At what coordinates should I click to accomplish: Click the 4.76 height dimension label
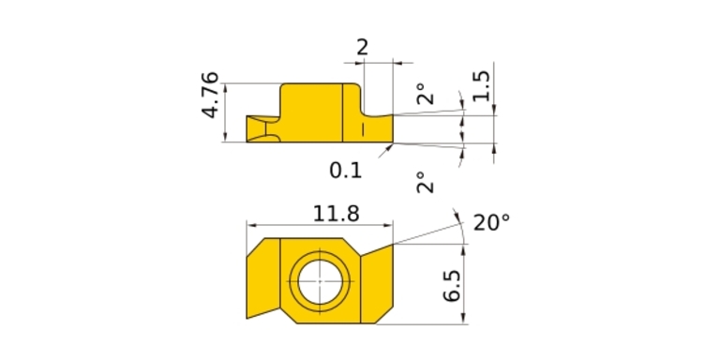tap(211, 95)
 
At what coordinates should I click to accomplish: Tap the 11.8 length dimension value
tap(337, 214)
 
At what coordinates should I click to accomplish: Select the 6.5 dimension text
tap(452, 285)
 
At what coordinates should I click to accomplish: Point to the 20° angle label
tap(491, 223)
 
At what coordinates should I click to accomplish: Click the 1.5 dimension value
tap(482, 86)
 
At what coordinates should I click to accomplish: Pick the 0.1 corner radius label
tap(346, 171)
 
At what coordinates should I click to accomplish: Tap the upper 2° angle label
tap(426, 94)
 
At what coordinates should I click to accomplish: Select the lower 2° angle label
tap(426, 182)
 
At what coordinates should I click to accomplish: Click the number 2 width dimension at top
tap(362, 47)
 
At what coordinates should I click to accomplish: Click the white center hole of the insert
tap(320, 281)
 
